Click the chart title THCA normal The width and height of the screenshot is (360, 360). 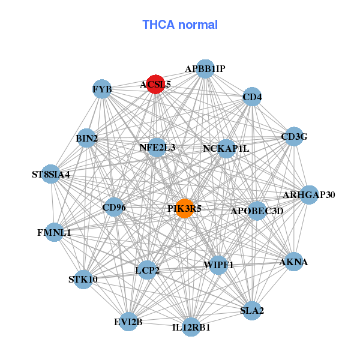coord(180,25)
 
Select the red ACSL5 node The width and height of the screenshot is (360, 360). coord(155,85)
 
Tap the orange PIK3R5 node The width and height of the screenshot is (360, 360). coord(185,209)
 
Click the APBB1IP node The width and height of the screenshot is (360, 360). coord(205,69)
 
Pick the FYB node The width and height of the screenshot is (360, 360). coord(102,90)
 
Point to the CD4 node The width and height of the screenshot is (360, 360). coord(252,96)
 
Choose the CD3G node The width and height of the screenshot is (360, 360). coord(293,137)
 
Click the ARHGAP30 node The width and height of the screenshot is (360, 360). coord(308,194)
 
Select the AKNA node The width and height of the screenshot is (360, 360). coord(293,262)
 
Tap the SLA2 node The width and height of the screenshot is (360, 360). coord(252,310)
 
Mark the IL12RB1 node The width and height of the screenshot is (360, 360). coord(191,327)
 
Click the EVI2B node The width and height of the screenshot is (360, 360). coord(128,322)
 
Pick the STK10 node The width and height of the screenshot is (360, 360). coord(83,279)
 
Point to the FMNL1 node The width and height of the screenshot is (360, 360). coord(54,232)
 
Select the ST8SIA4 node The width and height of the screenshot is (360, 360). coord(51,175)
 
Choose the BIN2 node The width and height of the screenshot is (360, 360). coord(87,139)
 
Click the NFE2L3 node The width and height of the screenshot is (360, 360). coord(157,147)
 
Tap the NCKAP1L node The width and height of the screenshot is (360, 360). coord(226,148)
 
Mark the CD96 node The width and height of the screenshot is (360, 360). coord(114,208)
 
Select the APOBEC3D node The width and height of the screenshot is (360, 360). coord(257,211)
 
